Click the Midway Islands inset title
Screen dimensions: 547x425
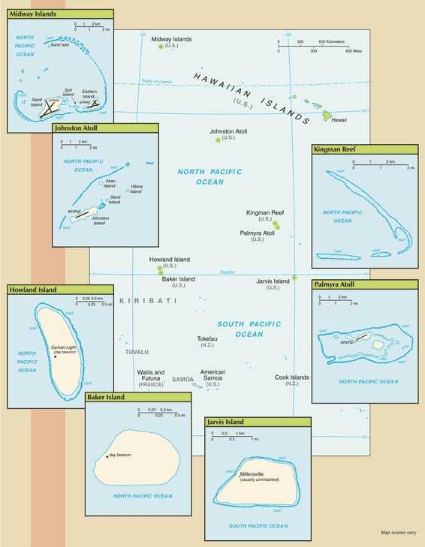click(35, 14)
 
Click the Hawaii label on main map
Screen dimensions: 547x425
click(339, 120)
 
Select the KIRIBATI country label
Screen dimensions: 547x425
click(147, 301)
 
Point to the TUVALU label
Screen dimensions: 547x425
click(137, 352)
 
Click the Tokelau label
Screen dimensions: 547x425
click(207, 338)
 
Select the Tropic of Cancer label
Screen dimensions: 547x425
click(158, 81)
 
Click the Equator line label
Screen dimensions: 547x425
click(228, 272)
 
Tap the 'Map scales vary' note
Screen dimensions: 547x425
click(398, 533)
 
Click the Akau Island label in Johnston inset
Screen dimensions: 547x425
click(110, 183)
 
